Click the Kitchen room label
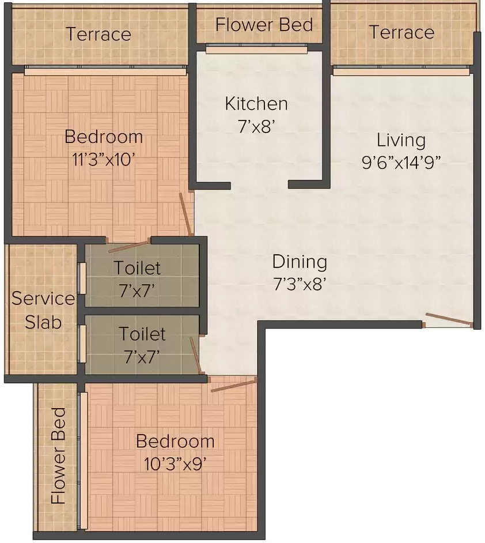coord(256,104)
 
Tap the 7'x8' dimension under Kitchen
coord(256,126)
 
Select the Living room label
coord(401,141)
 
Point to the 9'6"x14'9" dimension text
coord(401,163)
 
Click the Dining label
coord(300,262)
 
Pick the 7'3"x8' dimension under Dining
coord(300,284)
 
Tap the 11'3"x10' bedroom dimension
coord(104,159)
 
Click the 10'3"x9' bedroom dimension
coord(175,463)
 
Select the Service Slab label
coord(43,310)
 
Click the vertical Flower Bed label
coord(58,455)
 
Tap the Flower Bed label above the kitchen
coord(264,25)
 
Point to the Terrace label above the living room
coord(401,32)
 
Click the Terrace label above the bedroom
coord(98,34)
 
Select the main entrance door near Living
coord(449,320)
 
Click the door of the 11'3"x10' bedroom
coord(185,214)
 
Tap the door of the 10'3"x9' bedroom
coord(234,385)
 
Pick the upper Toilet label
coord(137,267)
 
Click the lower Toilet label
coord(142,334)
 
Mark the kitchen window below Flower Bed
coord(256,49)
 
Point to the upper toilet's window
coord(82,278)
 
